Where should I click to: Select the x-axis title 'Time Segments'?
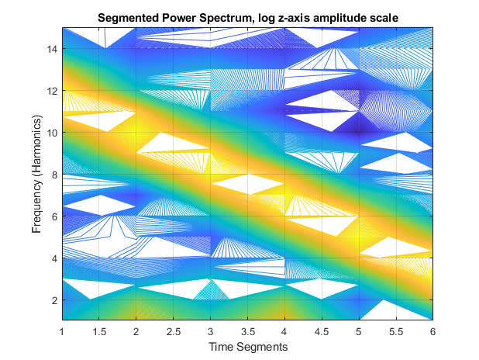pos(247,347)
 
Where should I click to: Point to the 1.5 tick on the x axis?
pos(99,331)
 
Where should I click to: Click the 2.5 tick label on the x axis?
pos(173,331)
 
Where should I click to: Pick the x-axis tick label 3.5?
pos(247,331)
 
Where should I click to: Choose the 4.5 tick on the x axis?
pos(321,331)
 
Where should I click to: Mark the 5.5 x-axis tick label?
pos(395,331)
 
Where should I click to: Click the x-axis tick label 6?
pos(432,331)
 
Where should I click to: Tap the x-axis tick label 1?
pos(62,331)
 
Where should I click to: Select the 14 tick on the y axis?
pos(53,48)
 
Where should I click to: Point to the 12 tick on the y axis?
pos(53,90)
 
